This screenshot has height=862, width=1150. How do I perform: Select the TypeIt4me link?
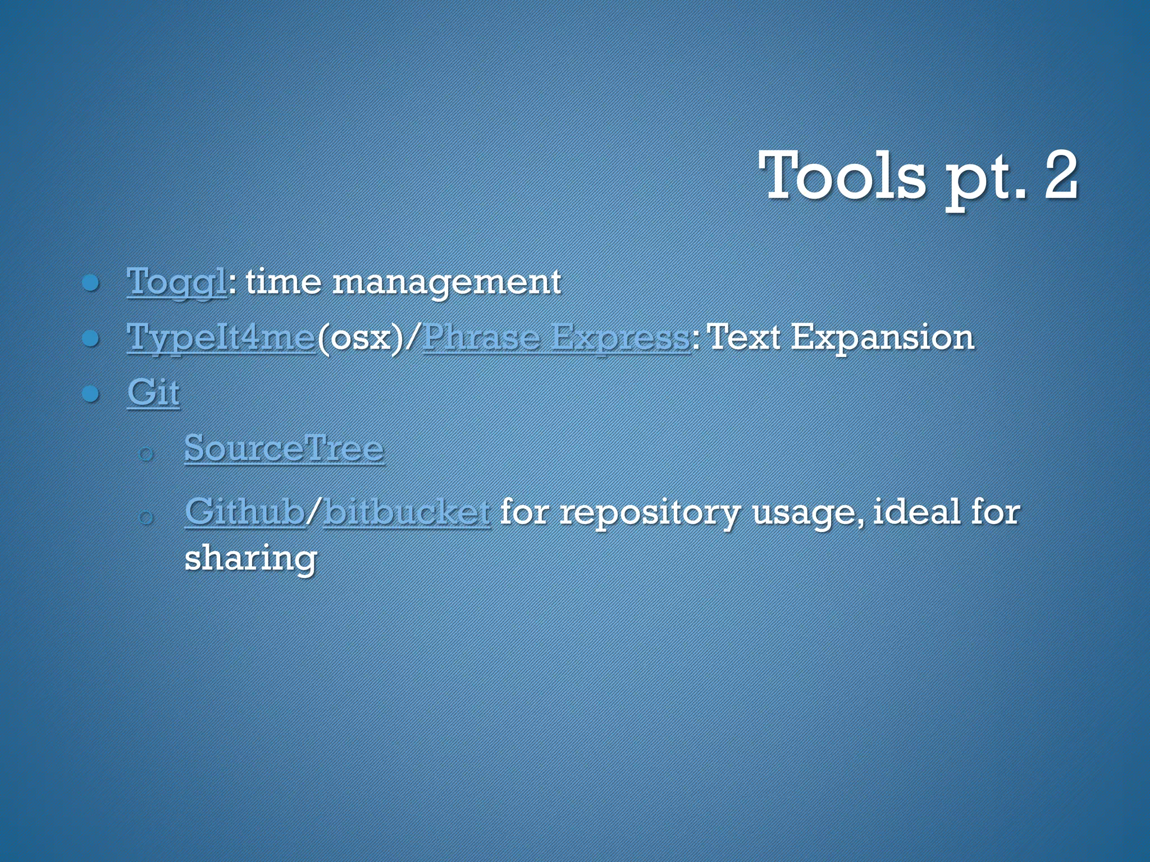pos(221,337)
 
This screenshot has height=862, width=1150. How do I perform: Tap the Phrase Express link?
pos(556,337)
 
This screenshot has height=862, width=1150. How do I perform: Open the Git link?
pos(153,392)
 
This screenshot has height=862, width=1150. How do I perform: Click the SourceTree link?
pos(284,448)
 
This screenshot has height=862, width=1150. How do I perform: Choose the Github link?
pos(245,512)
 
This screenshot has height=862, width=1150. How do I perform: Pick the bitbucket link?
pos(407,512)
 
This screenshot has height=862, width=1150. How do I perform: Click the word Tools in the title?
pos(842,176)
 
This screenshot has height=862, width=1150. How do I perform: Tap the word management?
pos(446,282)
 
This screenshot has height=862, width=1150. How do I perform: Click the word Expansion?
pos(882,337)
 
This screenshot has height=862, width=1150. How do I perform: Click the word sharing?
pos(251,559)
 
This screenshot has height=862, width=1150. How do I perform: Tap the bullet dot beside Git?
pos(90,394)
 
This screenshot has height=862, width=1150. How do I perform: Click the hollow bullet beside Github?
pos(145,517)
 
